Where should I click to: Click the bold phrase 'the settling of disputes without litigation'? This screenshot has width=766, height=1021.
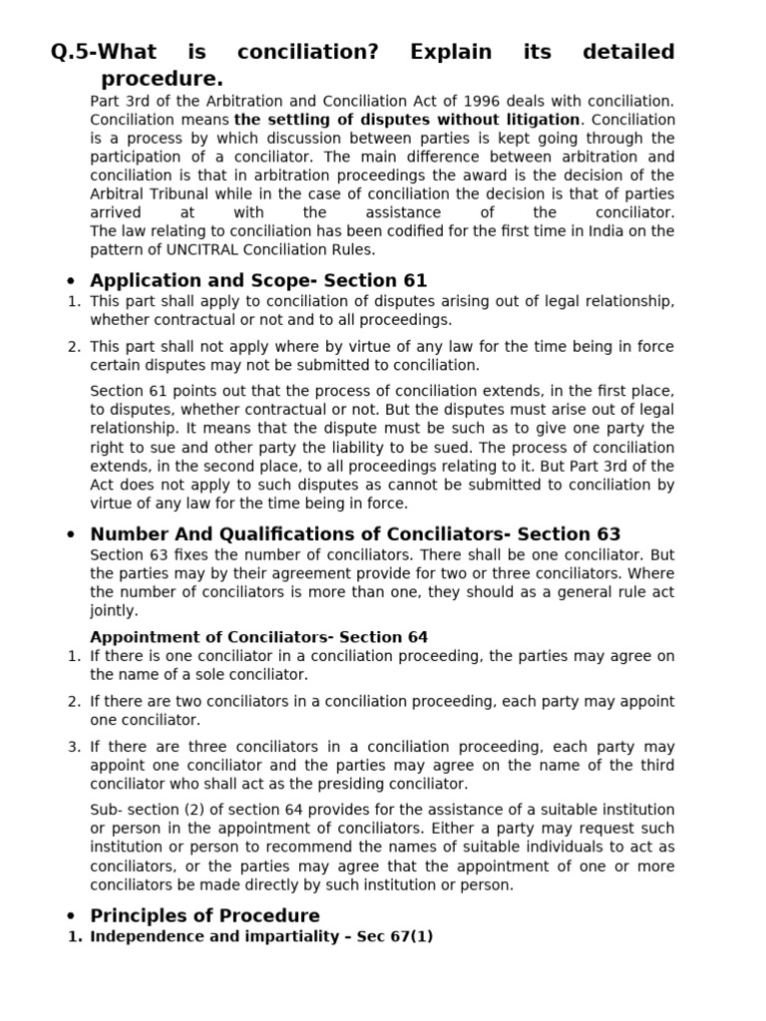click(407, 120)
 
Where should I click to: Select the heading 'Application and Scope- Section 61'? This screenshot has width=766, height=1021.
click(258, 281)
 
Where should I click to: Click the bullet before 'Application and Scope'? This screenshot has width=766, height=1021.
click(70, 282)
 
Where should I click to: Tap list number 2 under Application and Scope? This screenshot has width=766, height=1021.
click(74, 347)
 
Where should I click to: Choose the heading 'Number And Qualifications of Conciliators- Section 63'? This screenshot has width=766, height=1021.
click(355, 534)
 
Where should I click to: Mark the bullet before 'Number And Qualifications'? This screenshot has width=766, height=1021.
click(70, 535)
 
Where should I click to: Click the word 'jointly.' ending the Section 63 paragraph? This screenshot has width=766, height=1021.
click(114, 610)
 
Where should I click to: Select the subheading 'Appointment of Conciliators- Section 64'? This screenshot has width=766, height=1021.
click(259, 637)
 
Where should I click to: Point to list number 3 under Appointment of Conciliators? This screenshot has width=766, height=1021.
click(74, 747)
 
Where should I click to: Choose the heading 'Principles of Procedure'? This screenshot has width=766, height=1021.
click(204, 915)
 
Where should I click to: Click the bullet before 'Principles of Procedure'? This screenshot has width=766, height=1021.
click(70, 916)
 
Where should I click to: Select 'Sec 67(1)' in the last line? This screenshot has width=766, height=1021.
click(397, 936)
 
